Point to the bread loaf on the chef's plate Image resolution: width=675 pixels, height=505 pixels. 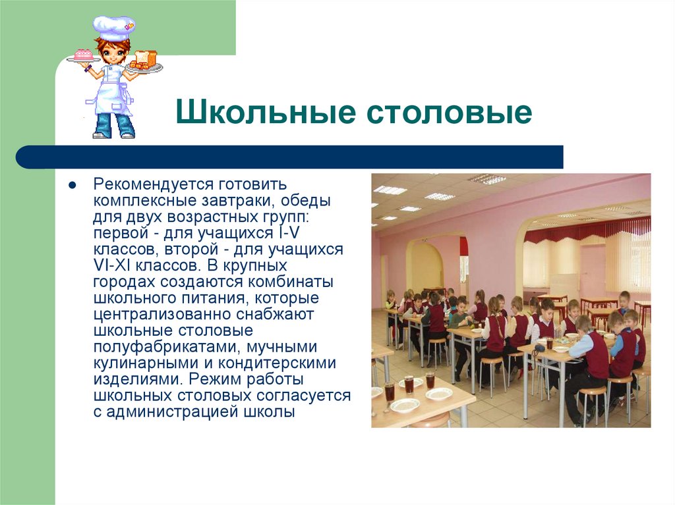click(146, 59)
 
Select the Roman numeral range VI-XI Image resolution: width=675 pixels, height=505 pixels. click(115, 266)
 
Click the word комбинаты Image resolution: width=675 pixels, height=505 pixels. click(291, 282)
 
